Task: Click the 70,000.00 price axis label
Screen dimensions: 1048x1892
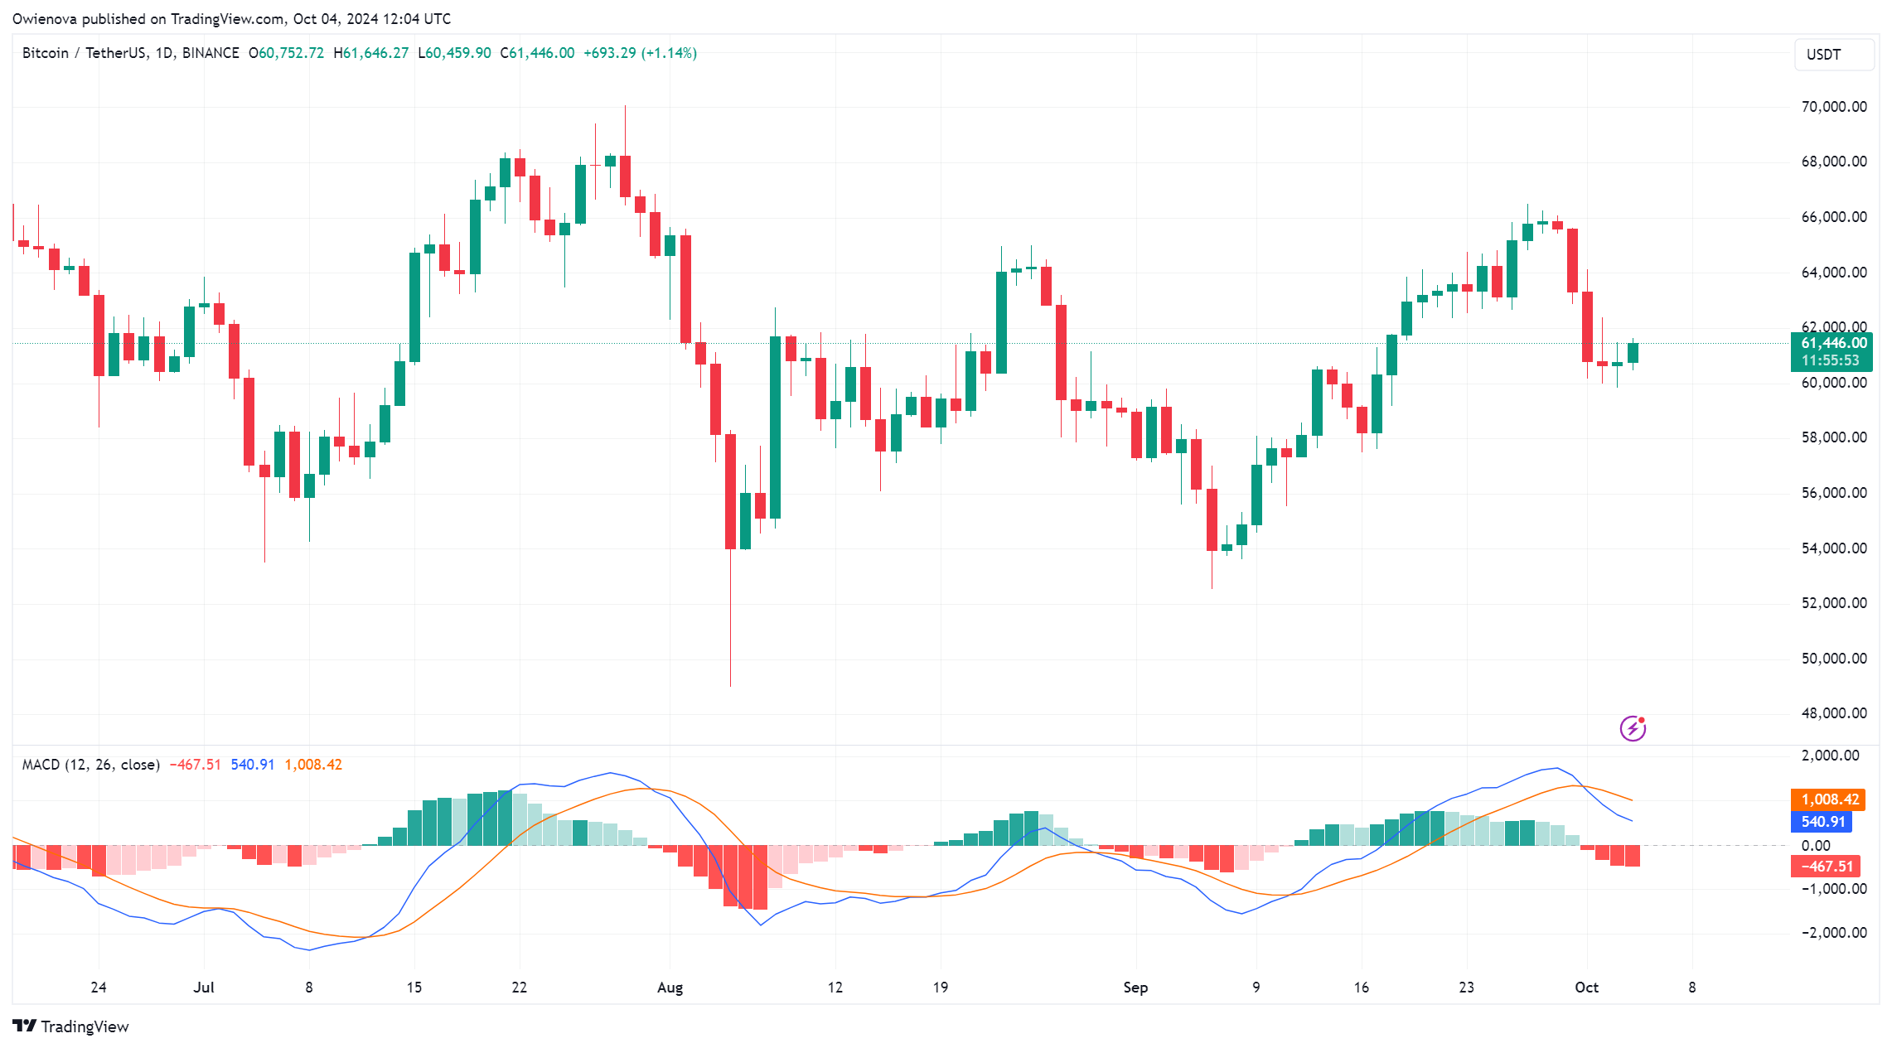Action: [1833, 107]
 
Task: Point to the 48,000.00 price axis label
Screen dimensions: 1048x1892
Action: [1833, 713]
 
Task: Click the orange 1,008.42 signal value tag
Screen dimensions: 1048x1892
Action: [1829, 799]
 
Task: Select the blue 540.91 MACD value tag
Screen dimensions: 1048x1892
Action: [1822, 822]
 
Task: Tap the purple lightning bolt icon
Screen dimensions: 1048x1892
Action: [1633, 728]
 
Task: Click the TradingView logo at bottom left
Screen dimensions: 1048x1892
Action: [71, 1026]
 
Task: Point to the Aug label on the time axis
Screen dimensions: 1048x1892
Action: [670, 988]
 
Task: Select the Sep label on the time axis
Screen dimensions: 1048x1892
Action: [1135, 988]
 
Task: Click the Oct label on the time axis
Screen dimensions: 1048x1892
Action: [1586, 988]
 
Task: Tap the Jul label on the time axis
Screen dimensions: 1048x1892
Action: [204, 988]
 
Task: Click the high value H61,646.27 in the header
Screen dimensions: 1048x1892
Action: [371, 53]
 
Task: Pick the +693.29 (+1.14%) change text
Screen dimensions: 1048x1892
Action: [640, 53]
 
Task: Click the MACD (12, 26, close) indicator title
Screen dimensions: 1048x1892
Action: [90, 765]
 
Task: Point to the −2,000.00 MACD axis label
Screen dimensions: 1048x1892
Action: [1833, 933]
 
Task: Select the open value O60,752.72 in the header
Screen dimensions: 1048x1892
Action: [287, 53]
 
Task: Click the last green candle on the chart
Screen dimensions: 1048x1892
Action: [1633, 353]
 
